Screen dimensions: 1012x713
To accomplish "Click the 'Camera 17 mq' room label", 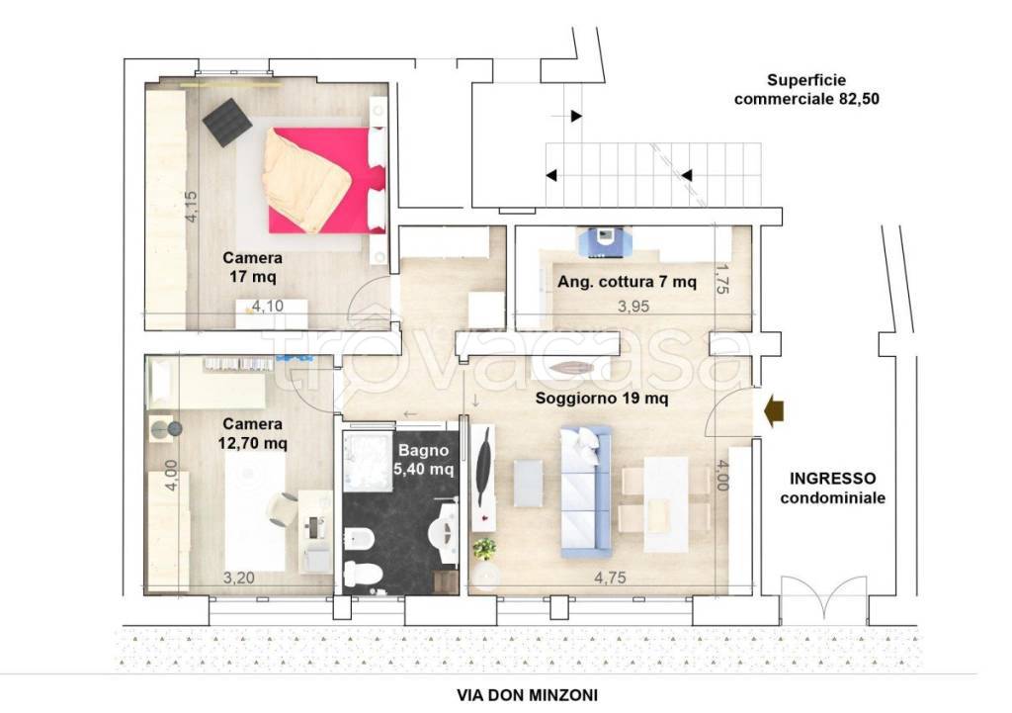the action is (252, 267).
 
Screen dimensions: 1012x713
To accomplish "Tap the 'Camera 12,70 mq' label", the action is (252, 433).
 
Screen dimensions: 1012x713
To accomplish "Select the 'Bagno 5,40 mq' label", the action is (423, 459).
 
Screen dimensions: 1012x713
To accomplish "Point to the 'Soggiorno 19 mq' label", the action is (602, 398).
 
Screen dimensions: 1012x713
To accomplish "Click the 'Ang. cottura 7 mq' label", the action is (627, 282).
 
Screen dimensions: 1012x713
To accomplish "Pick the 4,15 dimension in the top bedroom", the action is (191, 207).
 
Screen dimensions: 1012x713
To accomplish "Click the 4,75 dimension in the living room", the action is (610, 578).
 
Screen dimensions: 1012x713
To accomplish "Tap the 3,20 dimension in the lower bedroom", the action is (239, 578).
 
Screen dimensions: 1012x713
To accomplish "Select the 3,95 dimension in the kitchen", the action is (633, 307).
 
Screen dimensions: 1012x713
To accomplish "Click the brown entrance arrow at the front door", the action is (773, 410).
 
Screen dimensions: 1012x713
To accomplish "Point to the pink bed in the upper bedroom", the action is (326, 180).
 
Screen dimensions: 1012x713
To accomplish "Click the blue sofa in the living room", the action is (585, 490).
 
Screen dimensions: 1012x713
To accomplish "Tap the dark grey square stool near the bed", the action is (227, 122).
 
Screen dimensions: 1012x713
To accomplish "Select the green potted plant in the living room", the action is (484, 549).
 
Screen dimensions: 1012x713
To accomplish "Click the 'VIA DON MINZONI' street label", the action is (528, 695).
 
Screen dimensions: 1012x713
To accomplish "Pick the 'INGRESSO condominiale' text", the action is (832, 488).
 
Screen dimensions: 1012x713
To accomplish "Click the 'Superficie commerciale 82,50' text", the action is (806, 89).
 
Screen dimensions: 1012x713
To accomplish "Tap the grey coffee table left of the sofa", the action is (528, 483).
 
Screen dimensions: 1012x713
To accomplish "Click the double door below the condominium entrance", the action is (823, 600).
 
